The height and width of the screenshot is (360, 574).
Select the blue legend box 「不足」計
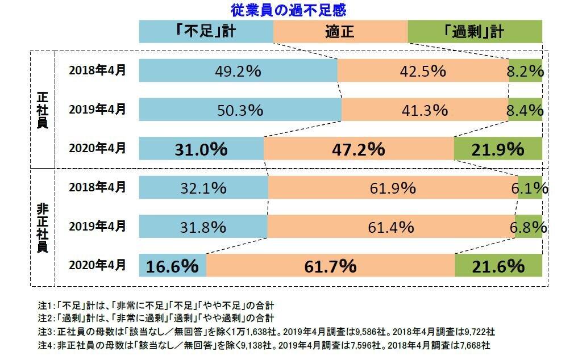206,31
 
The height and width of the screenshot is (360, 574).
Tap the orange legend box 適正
340,31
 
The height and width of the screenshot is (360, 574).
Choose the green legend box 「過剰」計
475,31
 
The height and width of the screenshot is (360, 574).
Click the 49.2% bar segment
238,72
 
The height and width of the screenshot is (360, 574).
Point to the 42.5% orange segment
423,72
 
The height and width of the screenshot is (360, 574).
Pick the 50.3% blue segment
240,110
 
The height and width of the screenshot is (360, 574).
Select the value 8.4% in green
525,110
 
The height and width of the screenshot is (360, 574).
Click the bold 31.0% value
201,149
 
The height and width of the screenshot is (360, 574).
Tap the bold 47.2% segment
359,149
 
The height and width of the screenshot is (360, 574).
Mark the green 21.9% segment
498,149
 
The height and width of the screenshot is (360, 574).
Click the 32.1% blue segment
203,188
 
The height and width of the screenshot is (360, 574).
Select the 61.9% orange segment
392,188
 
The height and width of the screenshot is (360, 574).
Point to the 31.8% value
203,227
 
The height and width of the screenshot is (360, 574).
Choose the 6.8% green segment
529,227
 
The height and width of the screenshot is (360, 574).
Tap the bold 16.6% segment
172,265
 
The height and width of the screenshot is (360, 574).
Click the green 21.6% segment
498,265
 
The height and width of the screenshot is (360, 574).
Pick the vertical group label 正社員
42,108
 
